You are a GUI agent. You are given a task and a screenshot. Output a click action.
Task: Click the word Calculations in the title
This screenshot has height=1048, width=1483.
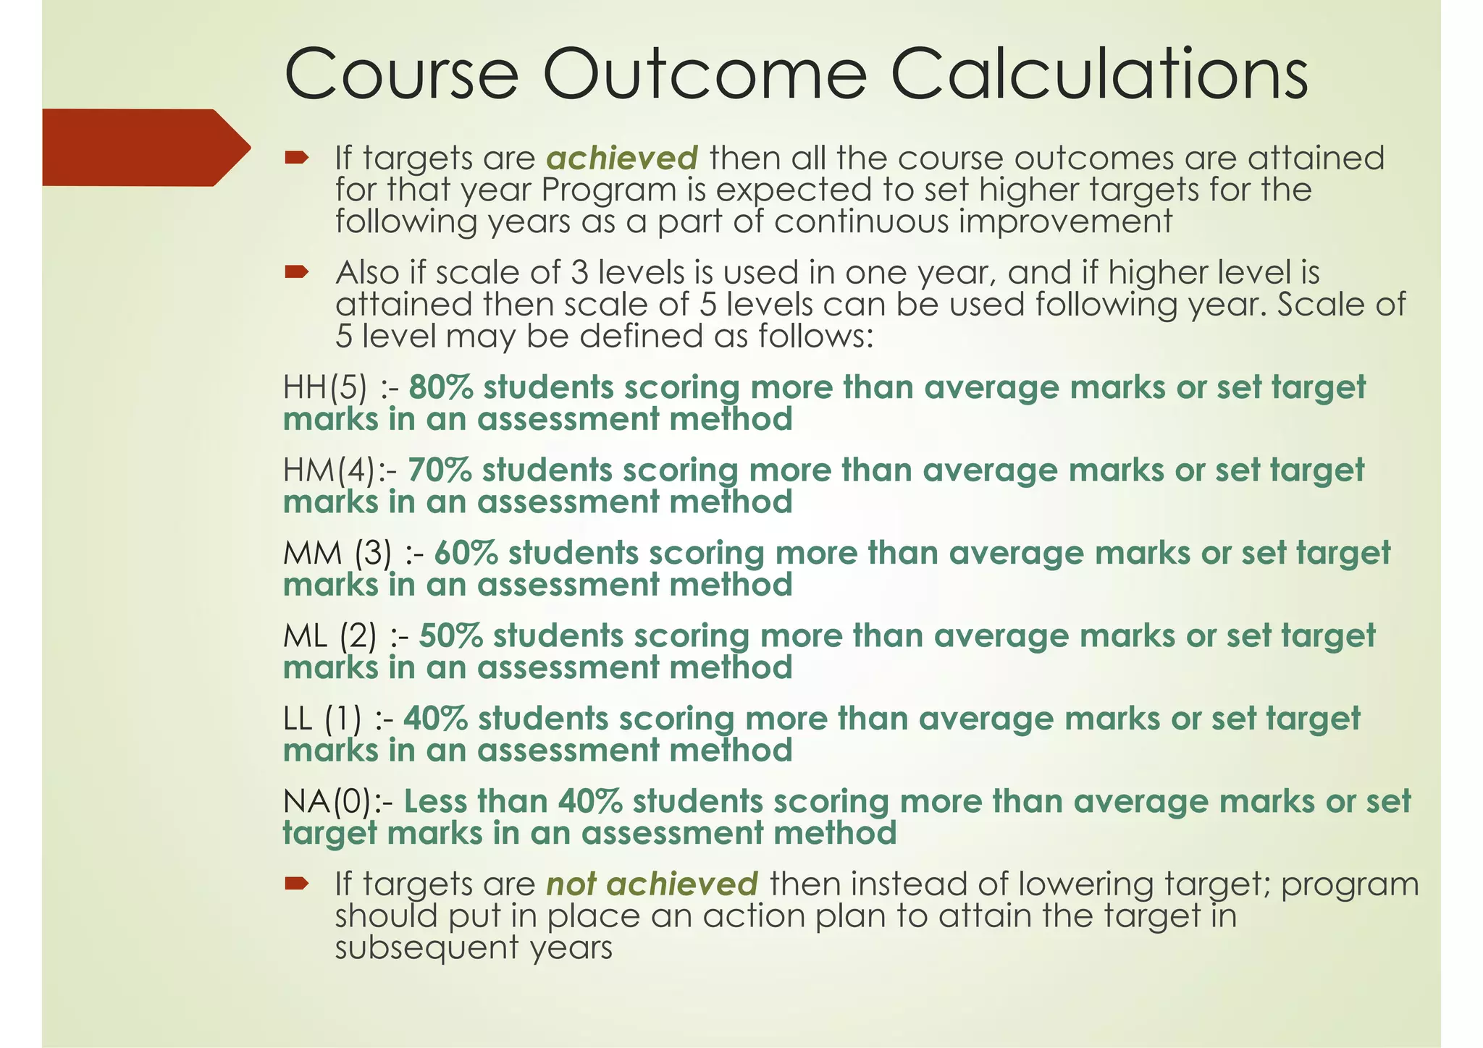coord(1098,75)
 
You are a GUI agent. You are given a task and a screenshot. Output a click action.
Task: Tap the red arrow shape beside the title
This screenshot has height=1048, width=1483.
coord(145,148)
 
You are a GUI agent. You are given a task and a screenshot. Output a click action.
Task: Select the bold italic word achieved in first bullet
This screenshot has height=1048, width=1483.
coord(622,159)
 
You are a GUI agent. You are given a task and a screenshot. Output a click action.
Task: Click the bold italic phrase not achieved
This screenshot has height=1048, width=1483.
coord(652,884)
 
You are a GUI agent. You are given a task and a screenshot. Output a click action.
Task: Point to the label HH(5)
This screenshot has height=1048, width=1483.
coord(325,388)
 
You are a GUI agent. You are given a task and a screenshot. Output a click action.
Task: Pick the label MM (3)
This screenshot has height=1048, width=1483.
coord(337,554)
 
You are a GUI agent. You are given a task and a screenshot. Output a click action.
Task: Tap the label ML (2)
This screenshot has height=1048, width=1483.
coord(329,636)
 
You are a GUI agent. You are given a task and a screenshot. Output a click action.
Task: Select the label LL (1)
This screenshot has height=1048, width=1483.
coord(322,719)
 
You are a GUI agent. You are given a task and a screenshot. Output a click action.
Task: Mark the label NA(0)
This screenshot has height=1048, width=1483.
coord(327,802)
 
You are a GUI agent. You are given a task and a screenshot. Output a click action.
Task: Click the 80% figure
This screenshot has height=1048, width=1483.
coord(440,388)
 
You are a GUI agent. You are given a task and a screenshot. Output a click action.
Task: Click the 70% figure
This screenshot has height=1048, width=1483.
coord(440,470)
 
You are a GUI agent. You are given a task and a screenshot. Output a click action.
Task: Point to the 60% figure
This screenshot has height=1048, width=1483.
coord(466,554)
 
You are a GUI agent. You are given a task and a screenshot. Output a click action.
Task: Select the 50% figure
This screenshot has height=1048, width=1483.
coord(450,636)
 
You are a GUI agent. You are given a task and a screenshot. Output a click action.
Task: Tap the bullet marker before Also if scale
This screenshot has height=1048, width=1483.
coord(296,272)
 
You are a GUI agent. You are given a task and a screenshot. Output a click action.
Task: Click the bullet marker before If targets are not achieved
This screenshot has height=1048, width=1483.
coord(296,883)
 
